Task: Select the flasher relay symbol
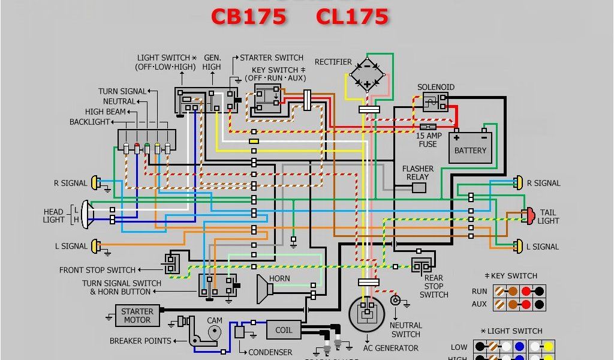coord(419,188)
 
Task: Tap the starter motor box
coord(137,315)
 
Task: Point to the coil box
coord(284,330)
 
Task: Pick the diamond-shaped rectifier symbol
coord(368,74)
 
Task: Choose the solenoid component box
coord(435,101)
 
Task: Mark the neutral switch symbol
coord(395,300)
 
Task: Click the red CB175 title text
coord(248,16)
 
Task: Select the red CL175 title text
coord(352,16)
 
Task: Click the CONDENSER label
coord(270,352)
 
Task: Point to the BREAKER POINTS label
coord(140,341)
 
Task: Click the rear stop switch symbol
coord(420,265)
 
